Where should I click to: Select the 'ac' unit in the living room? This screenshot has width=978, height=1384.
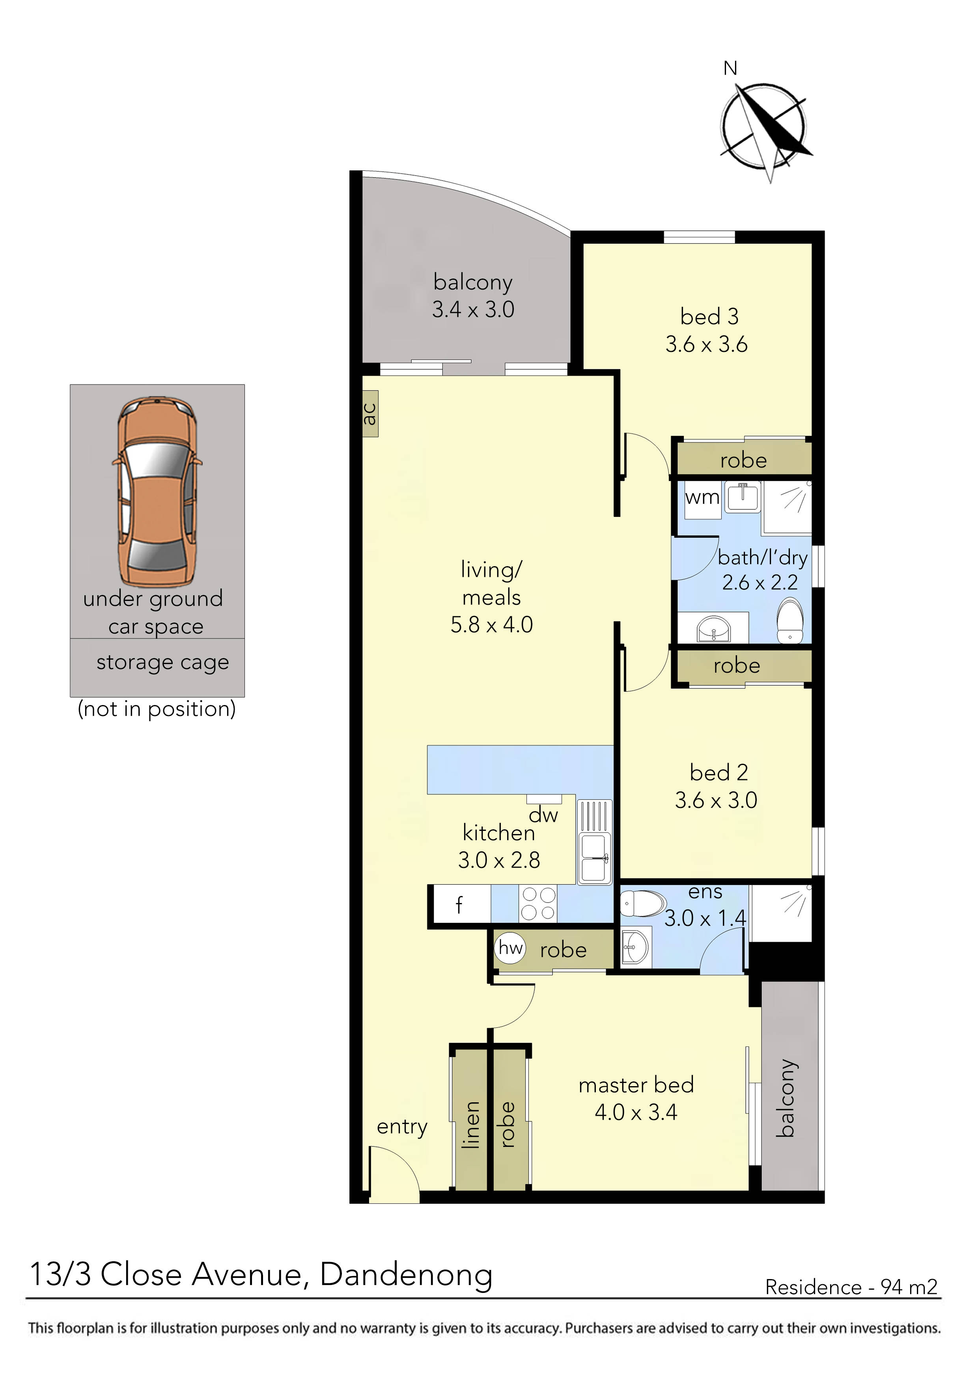(370, 413)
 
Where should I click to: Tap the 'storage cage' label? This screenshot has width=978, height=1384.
(163, 662)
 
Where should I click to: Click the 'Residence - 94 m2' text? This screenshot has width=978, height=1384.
(851, 1288)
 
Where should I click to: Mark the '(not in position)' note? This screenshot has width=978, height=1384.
(157, 709)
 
